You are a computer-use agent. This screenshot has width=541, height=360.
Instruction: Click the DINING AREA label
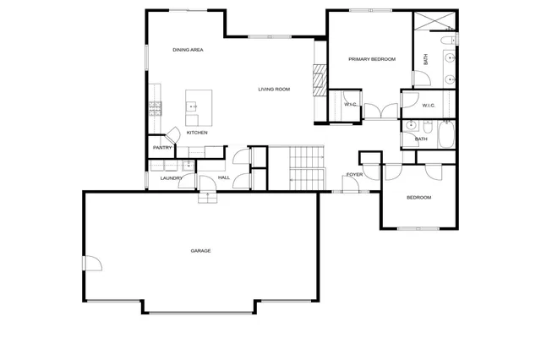click(188, 50)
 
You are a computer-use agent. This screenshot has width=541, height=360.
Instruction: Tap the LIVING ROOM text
click(274, 89)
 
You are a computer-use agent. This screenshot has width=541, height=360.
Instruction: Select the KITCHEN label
click(197, 133)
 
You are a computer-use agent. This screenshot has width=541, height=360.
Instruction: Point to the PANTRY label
click(162, 148)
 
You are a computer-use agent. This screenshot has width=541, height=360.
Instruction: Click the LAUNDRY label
click(172, 177)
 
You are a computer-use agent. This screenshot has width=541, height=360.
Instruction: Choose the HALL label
click(224, 177)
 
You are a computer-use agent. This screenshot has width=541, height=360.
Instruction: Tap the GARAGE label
click(200, 251)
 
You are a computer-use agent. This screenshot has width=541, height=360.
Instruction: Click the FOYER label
click(353, 175)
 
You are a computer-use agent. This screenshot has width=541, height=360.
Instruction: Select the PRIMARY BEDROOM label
click(372, 58)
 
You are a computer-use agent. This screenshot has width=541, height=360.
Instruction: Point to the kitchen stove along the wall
click(156, 107)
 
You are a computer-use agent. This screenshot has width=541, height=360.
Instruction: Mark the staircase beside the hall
click(307, 166)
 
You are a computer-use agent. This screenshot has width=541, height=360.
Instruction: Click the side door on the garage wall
click(90, 263)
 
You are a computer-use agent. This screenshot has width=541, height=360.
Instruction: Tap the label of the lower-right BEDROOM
click(418, 198)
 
